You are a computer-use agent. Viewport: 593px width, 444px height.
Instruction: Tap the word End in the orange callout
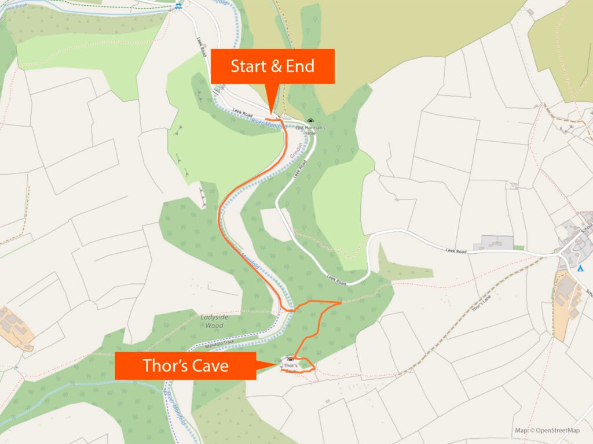pos(301,66)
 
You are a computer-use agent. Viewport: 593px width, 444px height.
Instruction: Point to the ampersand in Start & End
pos(276,66)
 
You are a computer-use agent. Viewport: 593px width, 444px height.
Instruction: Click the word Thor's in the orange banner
pos(164,366)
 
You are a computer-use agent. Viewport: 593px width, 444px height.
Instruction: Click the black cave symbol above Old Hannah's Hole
pos(310,121)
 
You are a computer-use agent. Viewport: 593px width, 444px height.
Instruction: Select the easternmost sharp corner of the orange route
pos(340,302)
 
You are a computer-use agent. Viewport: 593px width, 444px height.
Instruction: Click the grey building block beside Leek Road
pos(493,243)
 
